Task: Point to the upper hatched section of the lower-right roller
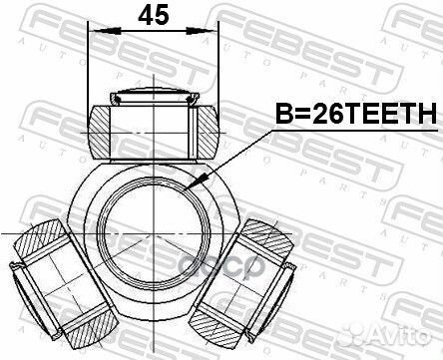click(261, 236)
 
